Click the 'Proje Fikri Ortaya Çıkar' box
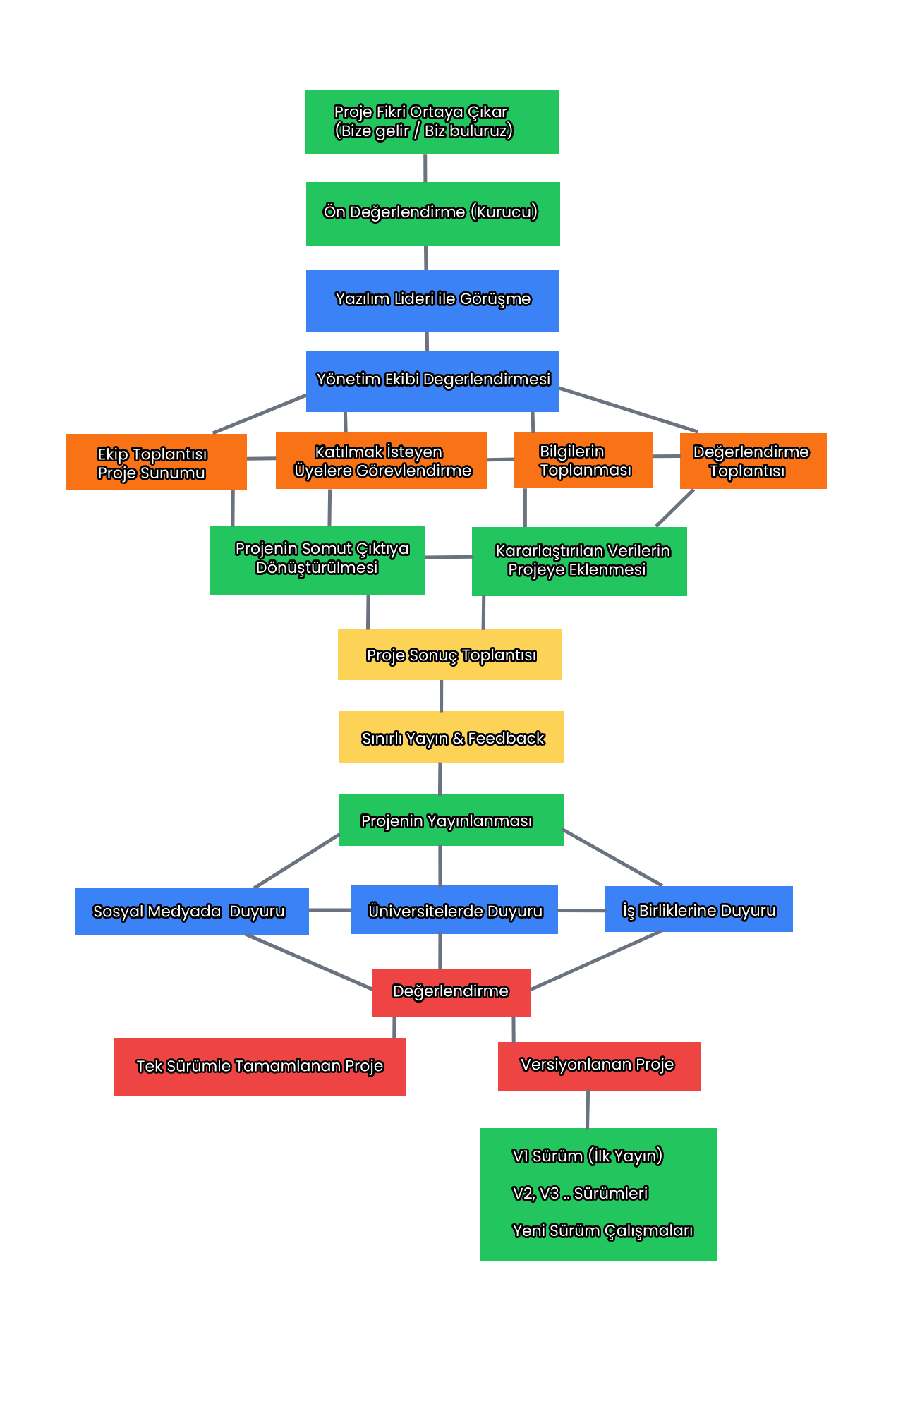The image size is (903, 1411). point(432,121)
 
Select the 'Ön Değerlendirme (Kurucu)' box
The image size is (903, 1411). point(432,214)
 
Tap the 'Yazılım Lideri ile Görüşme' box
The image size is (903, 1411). point(432,301)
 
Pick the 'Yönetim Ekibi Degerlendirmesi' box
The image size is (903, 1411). point(432,381)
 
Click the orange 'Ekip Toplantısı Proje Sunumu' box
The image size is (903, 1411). point(156,462)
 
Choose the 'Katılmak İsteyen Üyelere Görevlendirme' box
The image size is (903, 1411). point(381,461)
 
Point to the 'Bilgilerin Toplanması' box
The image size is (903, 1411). point(583,461)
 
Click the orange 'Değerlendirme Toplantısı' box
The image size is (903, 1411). point(753,461)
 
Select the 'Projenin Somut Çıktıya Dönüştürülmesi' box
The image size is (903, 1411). point(317,560)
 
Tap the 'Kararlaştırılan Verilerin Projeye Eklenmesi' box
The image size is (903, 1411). point(579,562)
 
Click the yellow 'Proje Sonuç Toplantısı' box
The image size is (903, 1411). point(450,655)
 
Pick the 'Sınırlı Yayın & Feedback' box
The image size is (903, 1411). point(451,737)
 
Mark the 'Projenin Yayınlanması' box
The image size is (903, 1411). point(451,820)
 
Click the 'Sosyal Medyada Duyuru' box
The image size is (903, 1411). point(191,911)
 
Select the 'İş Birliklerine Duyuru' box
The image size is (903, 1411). point(698,909)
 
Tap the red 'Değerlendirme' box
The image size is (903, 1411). point(451,993)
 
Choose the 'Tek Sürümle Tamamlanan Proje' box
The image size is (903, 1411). point(260,1067)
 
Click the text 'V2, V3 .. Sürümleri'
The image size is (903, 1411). point(580,1194)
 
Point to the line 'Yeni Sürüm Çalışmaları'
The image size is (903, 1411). point(602,1231)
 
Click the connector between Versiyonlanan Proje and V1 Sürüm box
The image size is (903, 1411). point(588,1110)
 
